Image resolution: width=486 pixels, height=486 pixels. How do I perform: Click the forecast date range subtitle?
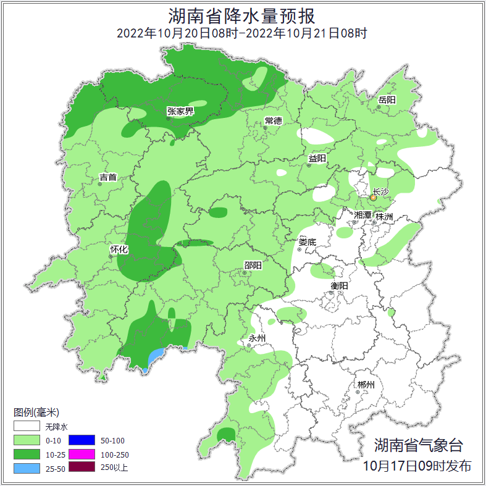click(x=242, y=33)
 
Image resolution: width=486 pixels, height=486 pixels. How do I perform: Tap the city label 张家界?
click(x=180, y=111)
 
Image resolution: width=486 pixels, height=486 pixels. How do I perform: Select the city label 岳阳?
click(x=387, y=100)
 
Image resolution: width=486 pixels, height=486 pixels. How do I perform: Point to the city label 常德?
click(x=273, y=120)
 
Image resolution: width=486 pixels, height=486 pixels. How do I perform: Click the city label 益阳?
click(x=317, y=159)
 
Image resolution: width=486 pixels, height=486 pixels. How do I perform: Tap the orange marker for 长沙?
click(x=373, y=198)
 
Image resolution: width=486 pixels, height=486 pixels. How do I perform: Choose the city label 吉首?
click(x=108, y=177)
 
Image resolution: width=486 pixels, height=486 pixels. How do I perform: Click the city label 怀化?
click(x=119, y=249)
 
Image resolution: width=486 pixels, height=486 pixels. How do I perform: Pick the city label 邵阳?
click(x=253, y=266)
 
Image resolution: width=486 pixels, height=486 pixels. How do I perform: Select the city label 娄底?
click(x=307, y=242)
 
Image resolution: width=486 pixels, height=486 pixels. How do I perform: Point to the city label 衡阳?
click(x=340, y=285)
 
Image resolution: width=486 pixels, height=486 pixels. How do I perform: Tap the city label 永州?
click(x=257, y=338)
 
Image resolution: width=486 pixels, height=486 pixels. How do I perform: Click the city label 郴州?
click(x=366, y=385)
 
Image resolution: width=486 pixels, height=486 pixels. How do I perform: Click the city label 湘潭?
click(x=363, y=215)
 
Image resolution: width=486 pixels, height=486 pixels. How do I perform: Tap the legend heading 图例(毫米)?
click(x=36, y=412)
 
